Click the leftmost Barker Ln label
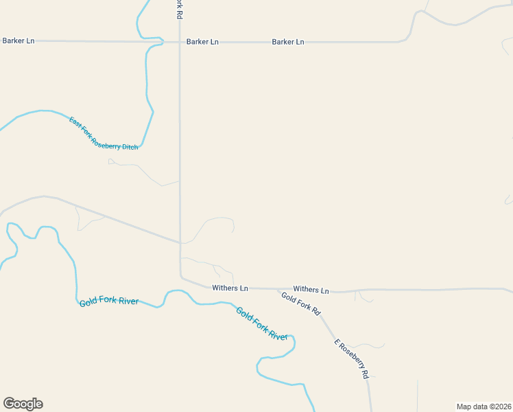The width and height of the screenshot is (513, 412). (x=18, y=41)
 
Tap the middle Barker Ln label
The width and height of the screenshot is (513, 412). (x=202, y=42)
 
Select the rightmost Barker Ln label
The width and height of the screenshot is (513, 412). (x=287, y=42)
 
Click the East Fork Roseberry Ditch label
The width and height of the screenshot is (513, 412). (x=104, y=133)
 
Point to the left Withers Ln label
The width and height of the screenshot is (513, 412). (x=230, y=288)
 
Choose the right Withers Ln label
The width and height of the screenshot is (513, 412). (x=311, y=290)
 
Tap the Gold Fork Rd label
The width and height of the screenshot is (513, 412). (x=300, y=303)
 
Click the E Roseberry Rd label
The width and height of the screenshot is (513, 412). (x=351, y=358)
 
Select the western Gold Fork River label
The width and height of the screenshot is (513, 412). (x=108, y=301)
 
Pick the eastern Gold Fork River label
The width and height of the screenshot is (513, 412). (x=262, y=323)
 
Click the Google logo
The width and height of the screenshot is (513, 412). (x=23, y=404)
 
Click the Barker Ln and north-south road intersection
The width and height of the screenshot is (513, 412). (x=180, y=42)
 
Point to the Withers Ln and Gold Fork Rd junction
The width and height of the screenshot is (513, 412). (x=278, y=290)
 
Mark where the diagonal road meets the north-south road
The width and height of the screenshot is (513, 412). (x=180, y=242)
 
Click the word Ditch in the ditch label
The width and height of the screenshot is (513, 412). (x=130, y=146)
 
